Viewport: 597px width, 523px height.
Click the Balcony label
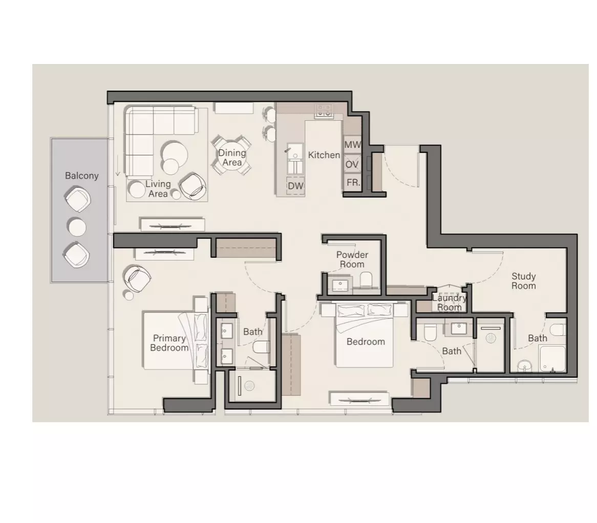tap(81, 176)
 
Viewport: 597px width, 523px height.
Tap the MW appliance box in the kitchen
tap(352, 145)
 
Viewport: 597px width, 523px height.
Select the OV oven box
tap(352, 164)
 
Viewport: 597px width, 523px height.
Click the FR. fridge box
tap(352, 183)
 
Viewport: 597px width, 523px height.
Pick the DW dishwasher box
tap(295, 186)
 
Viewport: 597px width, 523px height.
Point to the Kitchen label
tap(324, 155)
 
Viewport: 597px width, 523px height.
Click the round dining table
tap(231, 156)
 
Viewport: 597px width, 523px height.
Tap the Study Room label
tap(523, 281)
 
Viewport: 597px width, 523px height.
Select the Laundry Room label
tap(449, 302)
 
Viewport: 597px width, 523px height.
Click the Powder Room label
tap(352, 259)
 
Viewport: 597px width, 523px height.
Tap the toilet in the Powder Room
tap(366, 279)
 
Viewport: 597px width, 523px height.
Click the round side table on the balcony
tap(77, 227)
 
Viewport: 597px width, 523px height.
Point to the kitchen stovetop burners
tap(324, 111)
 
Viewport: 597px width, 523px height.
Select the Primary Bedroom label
tap(169, 343)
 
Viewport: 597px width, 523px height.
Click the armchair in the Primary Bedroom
tap(137, 278)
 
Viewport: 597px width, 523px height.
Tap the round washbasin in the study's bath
tap(525, 366)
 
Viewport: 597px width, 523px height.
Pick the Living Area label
tap(158, 189)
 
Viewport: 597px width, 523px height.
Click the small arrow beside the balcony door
tap(118, 166)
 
